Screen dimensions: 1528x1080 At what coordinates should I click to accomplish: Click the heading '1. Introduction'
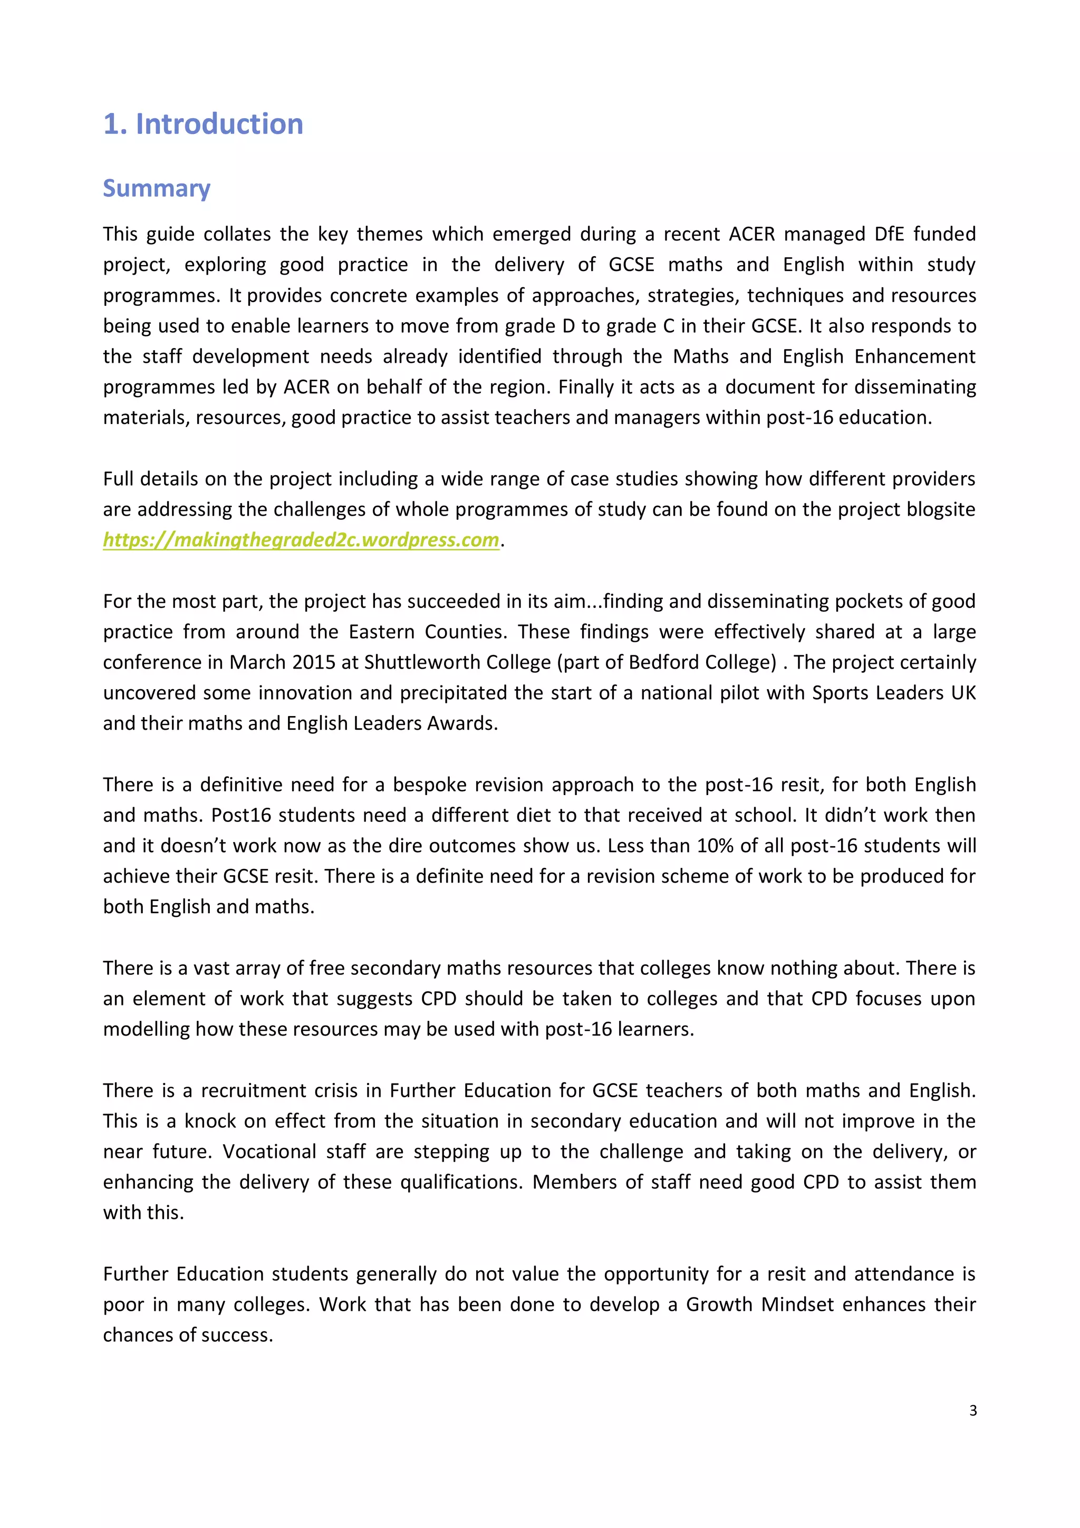click(203, 124)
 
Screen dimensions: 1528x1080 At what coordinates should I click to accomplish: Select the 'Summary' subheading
click(157, 188)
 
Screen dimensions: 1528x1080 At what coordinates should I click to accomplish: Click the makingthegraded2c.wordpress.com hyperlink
click(301, 540)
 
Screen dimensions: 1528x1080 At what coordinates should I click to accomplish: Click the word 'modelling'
click(146, 1029)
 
